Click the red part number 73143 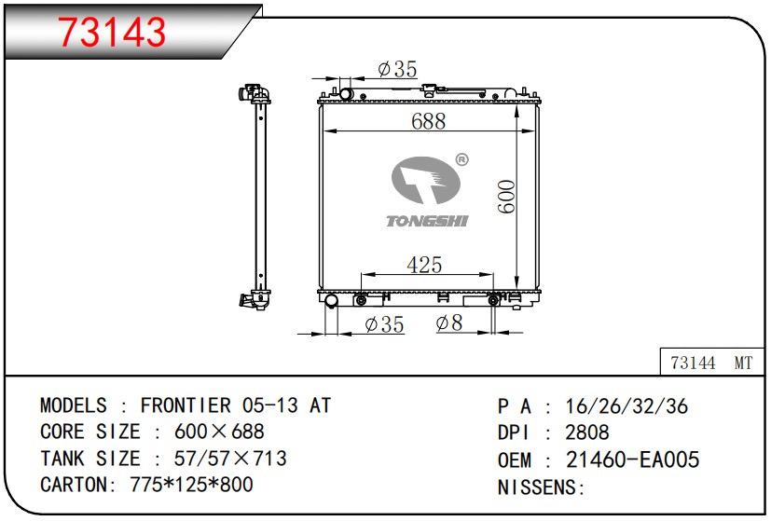112,32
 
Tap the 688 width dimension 428,121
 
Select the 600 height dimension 506,197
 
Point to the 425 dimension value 424,266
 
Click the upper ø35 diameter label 397,69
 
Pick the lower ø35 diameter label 384,324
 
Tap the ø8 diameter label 449,322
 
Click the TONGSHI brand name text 427,221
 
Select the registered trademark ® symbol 461,159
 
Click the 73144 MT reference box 711,363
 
